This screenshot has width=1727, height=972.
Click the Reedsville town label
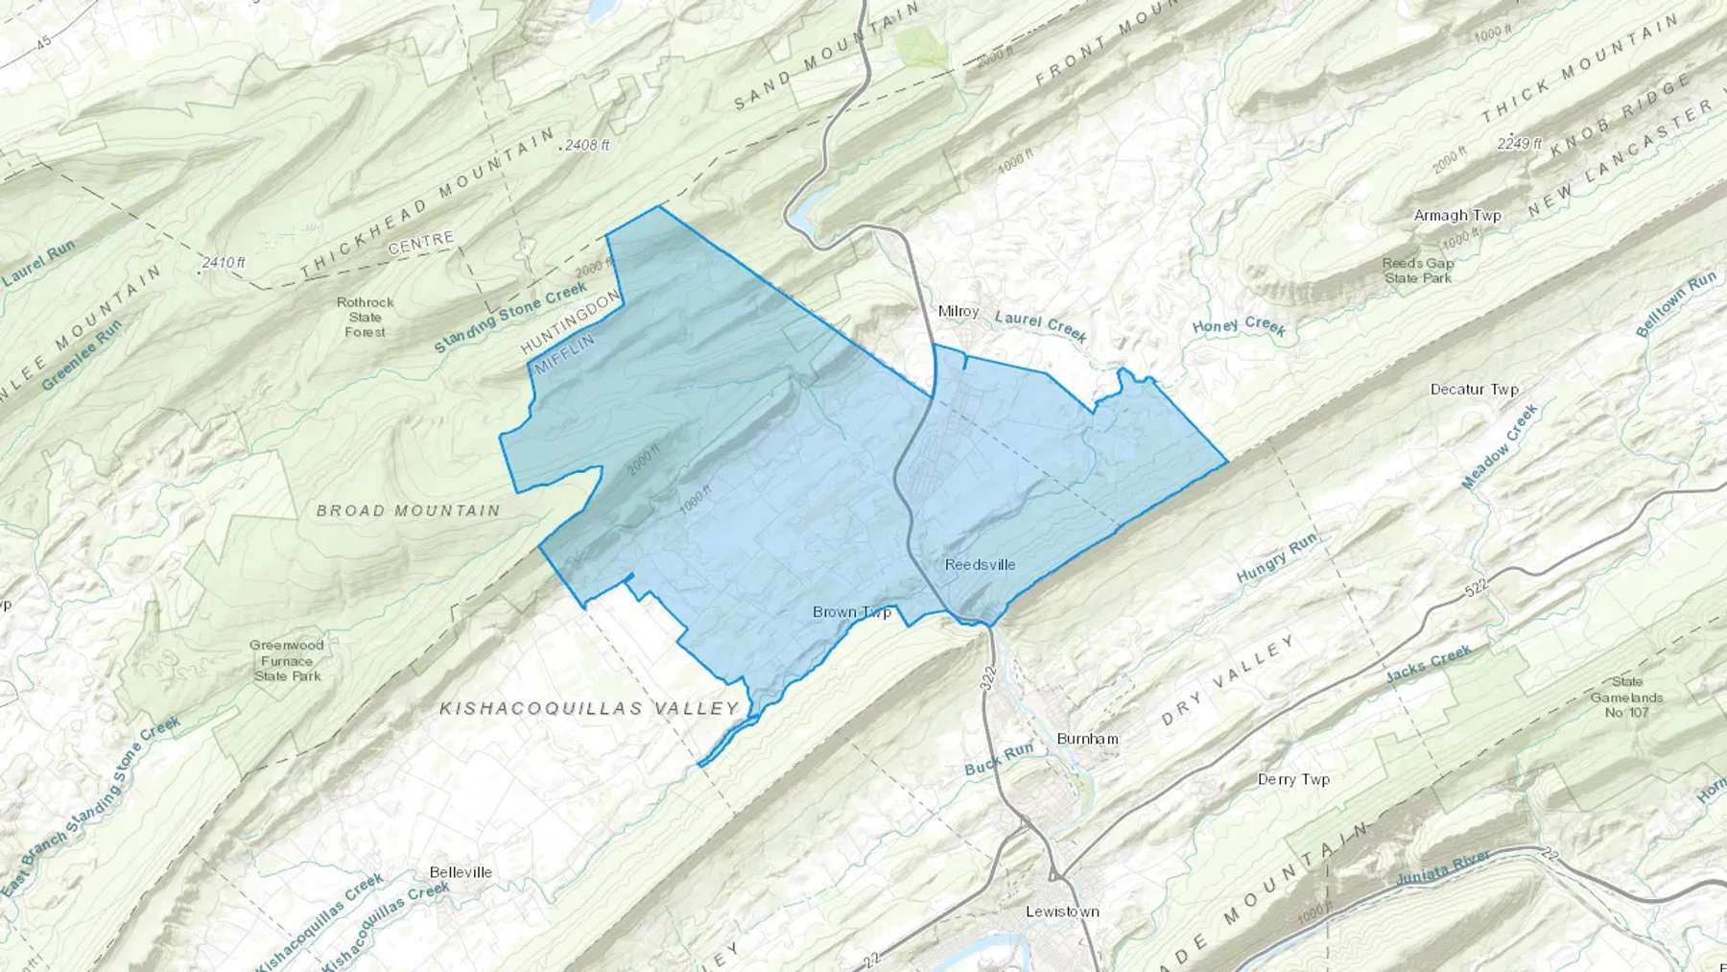tap(980, 564)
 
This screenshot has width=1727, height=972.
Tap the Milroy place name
tap(958, 311)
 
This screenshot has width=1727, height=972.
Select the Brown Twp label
tap(852, 612)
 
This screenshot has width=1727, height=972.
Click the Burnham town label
tap(1087, 739)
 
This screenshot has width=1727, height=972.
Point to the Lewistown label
tap(1062, 911)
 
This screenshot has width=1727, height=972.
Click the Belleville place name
tap(461, 872)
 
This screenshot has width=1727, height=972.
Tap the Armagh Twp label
tap(1457, 216)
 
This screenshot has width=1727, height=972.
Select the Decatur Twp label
tap(1475, 390)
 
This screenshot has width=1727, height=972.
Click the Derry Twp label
tap(1293, 779)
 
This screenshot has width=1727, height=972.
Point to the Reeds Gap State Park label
tap(1418, 271)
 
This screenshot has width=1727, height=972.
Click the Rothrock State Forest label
tap(366, 317)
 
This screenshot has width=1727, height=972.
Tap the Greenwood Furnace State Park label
tap(287, 660)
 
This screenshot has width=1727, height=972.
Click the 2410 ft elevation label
tap(224, 262)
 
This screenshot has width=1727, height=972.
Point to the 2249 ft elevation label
tap(1519, 144)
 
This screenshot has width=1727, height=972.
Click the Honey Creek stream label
tap(1239, 326)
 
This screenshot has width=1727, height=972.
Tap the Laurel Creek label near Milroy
tap(1041, 325)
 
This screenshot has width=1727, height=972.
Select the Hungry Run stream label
tap(1276, 559)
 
